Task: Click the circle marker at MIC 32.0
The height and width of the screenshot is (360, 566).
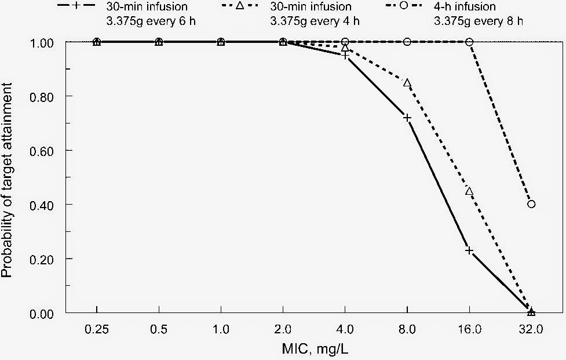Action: point(531,204)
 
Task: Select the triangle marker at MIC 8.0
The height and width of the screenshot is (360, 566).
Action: point(407,83)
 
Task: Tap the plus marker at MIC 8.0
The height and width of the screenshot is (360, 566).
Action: point(407,118)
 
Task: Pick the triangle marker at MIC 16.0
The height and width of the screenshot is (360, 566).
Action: point(469,191)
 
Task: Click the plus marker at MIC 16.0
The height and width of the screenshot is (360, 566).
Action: point(469,250)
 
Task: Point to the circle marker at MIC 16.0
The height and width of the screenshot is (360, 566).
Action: point(469,42)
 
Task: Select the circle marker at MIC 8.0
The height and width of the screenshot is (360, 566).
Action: point(407,42)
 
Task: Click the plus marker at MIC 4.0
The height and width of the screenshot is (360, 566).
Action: point(345,55)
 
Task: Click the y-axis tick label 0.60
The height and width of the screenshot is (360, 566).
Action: point(45,150)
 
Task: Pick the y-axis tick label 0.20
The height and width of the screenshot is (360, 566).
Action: point(45,259)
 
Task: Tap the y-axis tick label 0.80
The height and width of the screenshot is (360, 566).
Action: point(45,96)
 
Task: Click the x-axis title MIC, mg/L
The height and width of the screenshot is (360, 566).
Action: point(313,349)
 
